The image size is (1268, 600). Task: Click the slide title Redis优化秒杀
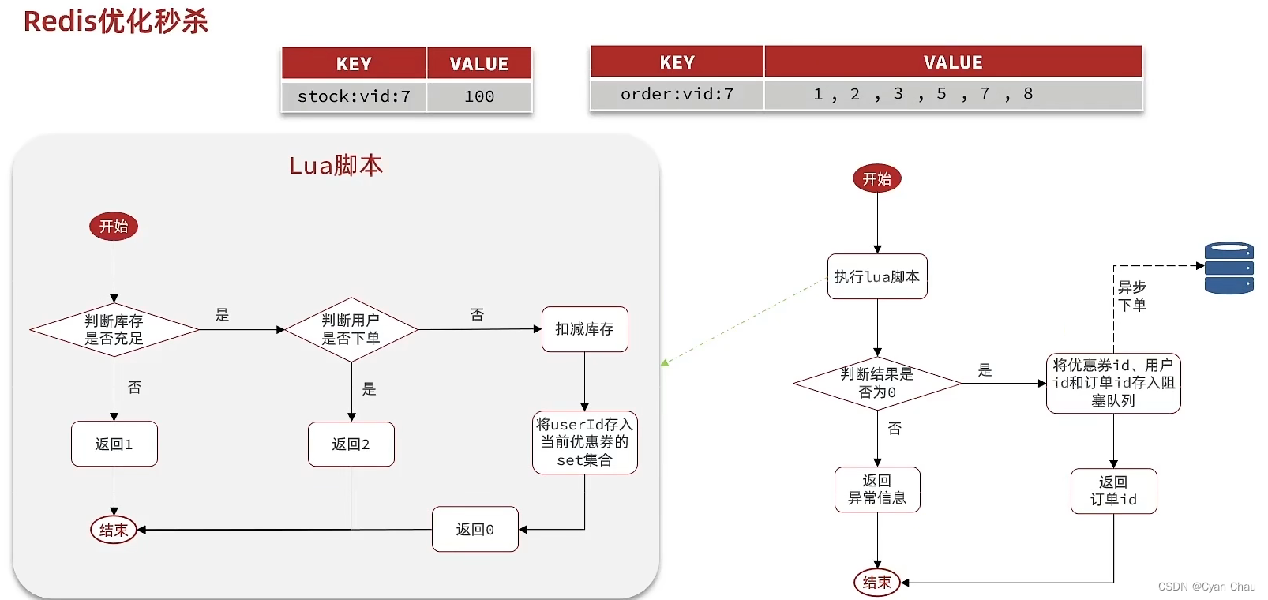pos(115,21)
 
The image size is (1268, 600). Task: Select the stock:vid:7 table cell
pos(354,96)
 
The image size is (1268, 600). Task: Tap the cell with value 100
pos(479,96)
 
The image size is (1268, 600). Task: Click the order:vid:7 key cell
pos(677,94)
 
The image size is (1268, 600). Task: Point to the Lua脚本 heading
pos(336,166)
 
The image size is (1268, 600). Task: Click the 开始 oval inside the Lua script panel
pos(114,227)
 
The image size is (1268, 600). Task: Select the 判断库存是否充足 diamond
pos(114,330)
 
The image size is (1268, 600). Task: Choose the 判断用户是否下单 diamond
pos(351,330)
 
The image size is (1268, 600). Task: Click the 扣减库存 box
pos(584,329)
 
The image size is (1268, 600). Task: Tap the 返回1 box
pos(114,444)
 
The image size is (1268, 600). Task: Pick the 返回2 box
pos(351,444)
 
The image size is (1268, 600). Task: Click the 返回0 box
pos(475,530)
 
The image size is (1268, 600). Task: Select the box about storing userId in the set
pos(584,443)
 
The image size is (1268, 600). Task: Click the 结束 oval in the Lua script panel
pos(114,531)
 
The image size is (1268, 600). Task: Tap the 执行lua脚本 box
pos(876,277)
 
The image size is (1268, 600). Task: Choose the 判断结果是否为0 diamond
pos(876,384)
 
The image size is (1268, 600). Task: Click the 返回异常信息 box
pos(876,489)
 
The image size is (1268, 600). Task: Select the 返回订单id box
pos(1113,491)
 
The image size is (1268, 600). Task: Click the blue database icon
pos(1229,268)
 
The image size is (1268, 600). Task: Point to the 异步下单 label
pos(1131,296)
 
